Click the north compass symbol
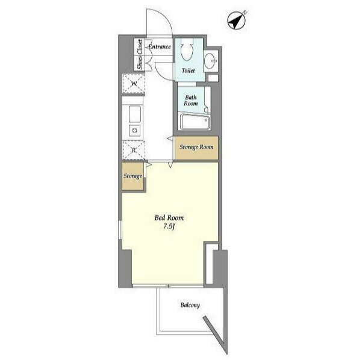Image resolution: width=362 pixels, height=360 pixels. (x=236, y=21)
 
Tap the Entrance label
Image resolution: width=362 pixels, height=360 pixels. (x=160, y=46)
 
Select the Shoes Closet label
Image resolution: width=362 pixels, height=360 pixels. (x=140, y=54)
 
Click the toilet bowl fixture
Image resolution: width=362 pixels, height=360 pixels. (x=187, y=49)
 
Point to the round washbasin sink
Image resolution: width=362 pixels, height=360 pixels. (x=211, y=61)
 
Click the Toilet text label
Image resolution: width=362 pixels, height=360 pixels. (x=188, y=70)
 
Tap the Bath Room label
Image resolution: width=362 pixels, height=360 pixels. (x=191, y=101)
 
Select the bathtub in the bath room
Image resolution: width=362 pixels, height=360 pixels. (x=195, y=122)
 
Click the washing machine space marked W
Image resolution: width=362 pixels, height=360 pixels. (x=134, y=83)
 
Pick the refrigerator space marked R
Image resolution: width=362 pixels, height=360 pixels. (x=134, y=151)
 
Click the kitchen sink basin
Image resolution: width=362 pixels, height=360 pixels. (x=135, y=114)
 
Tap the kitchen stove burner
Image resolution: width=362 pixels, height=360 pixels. (x=134, y=131)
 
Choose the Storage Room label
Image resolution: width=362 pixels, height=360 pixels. (x=196, y=147)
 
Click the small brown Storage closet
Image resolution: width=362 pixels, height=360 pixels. (x=133, y=176)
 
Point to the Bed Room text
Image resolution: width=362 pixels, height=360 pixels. (x=169, y=218)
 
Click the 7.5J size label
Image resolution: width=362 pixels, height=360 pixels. (x=169, y=227)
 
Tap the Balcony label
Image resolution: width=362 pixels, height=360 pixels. (x=190, y=305)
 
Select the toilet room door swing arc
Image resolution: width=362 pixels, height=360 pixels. (x=161, y=73)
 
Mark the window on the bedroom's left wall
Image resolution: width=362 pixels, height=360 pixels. (x=120, y=230)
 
